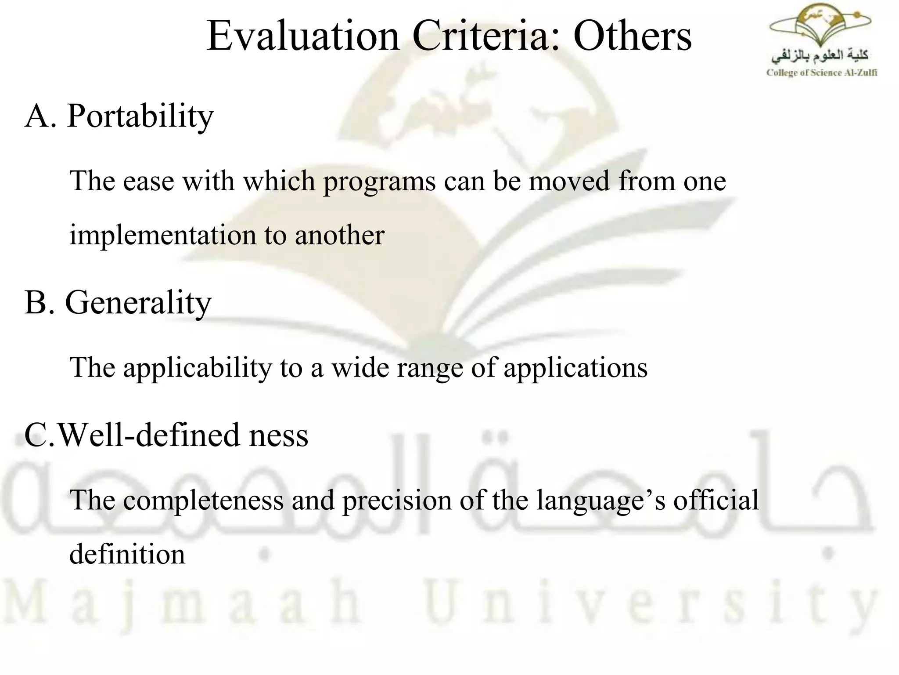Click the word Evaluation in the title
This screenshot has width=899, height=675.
click(x=303, y=36)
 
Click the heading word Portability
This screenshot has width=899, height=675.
click(x=140, y=116)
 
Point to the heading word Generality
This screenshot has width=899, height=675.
click(x=138, y=303)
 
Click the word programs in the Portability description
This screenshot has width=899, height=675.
click(x=379, y=181)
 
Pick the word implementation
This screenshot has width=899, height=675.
click(x=162, y=235)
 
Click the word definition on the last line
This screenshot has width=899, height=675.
click(x=127, y=555)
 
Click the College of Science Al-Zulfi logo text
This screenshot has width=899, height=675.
click(x=821, y=73)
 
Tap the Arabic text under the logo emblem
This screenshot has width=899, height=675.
click(x=820, y=56)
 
